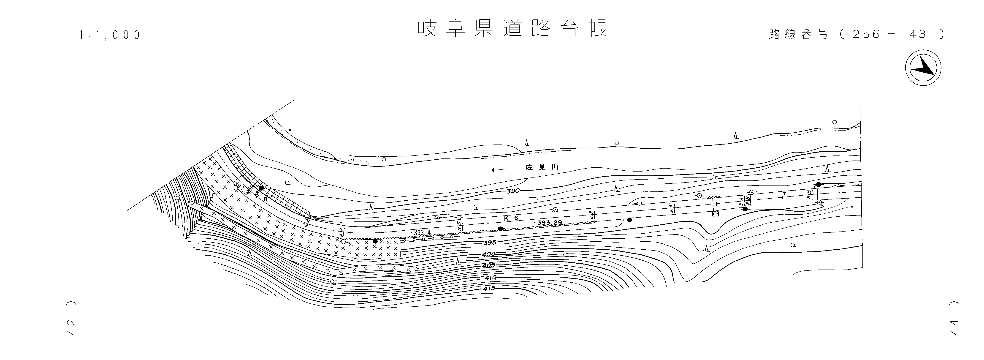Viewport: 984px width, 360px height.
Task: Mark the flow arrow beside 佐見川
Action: click(499, 170)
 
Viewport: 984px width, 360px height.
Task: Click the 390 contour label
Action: click(513, 191)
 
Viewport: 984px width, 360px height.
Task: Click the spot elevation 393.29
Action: click(549, 222)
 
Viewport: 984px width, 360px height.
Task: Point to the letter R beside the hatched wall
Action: click(265, 199)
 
